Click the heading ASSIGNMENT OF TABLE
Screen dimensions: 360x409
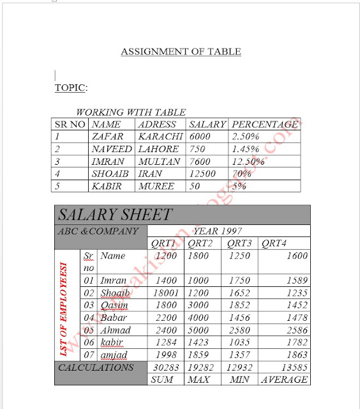[181, 52]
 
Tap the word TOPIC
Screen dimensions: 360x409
[70, 88]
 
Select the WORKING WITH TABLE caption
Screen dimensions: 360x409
[130, 112]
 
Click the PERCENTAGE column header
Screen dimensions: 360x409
[264, 125]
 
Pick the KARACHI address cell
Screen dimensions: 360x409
[160, 137]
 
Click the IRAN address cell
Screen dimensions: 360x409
[150, 173]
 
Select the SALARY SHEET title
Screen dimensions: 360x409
[115, 215]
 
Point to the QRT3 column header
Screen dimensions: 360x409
[239, 243]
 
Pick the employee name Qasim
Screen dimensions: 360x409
[114, 305]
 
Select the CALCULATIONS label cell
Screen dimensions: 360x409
[96, 367]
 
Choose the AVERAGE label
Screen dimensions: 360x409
[283, 380]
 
